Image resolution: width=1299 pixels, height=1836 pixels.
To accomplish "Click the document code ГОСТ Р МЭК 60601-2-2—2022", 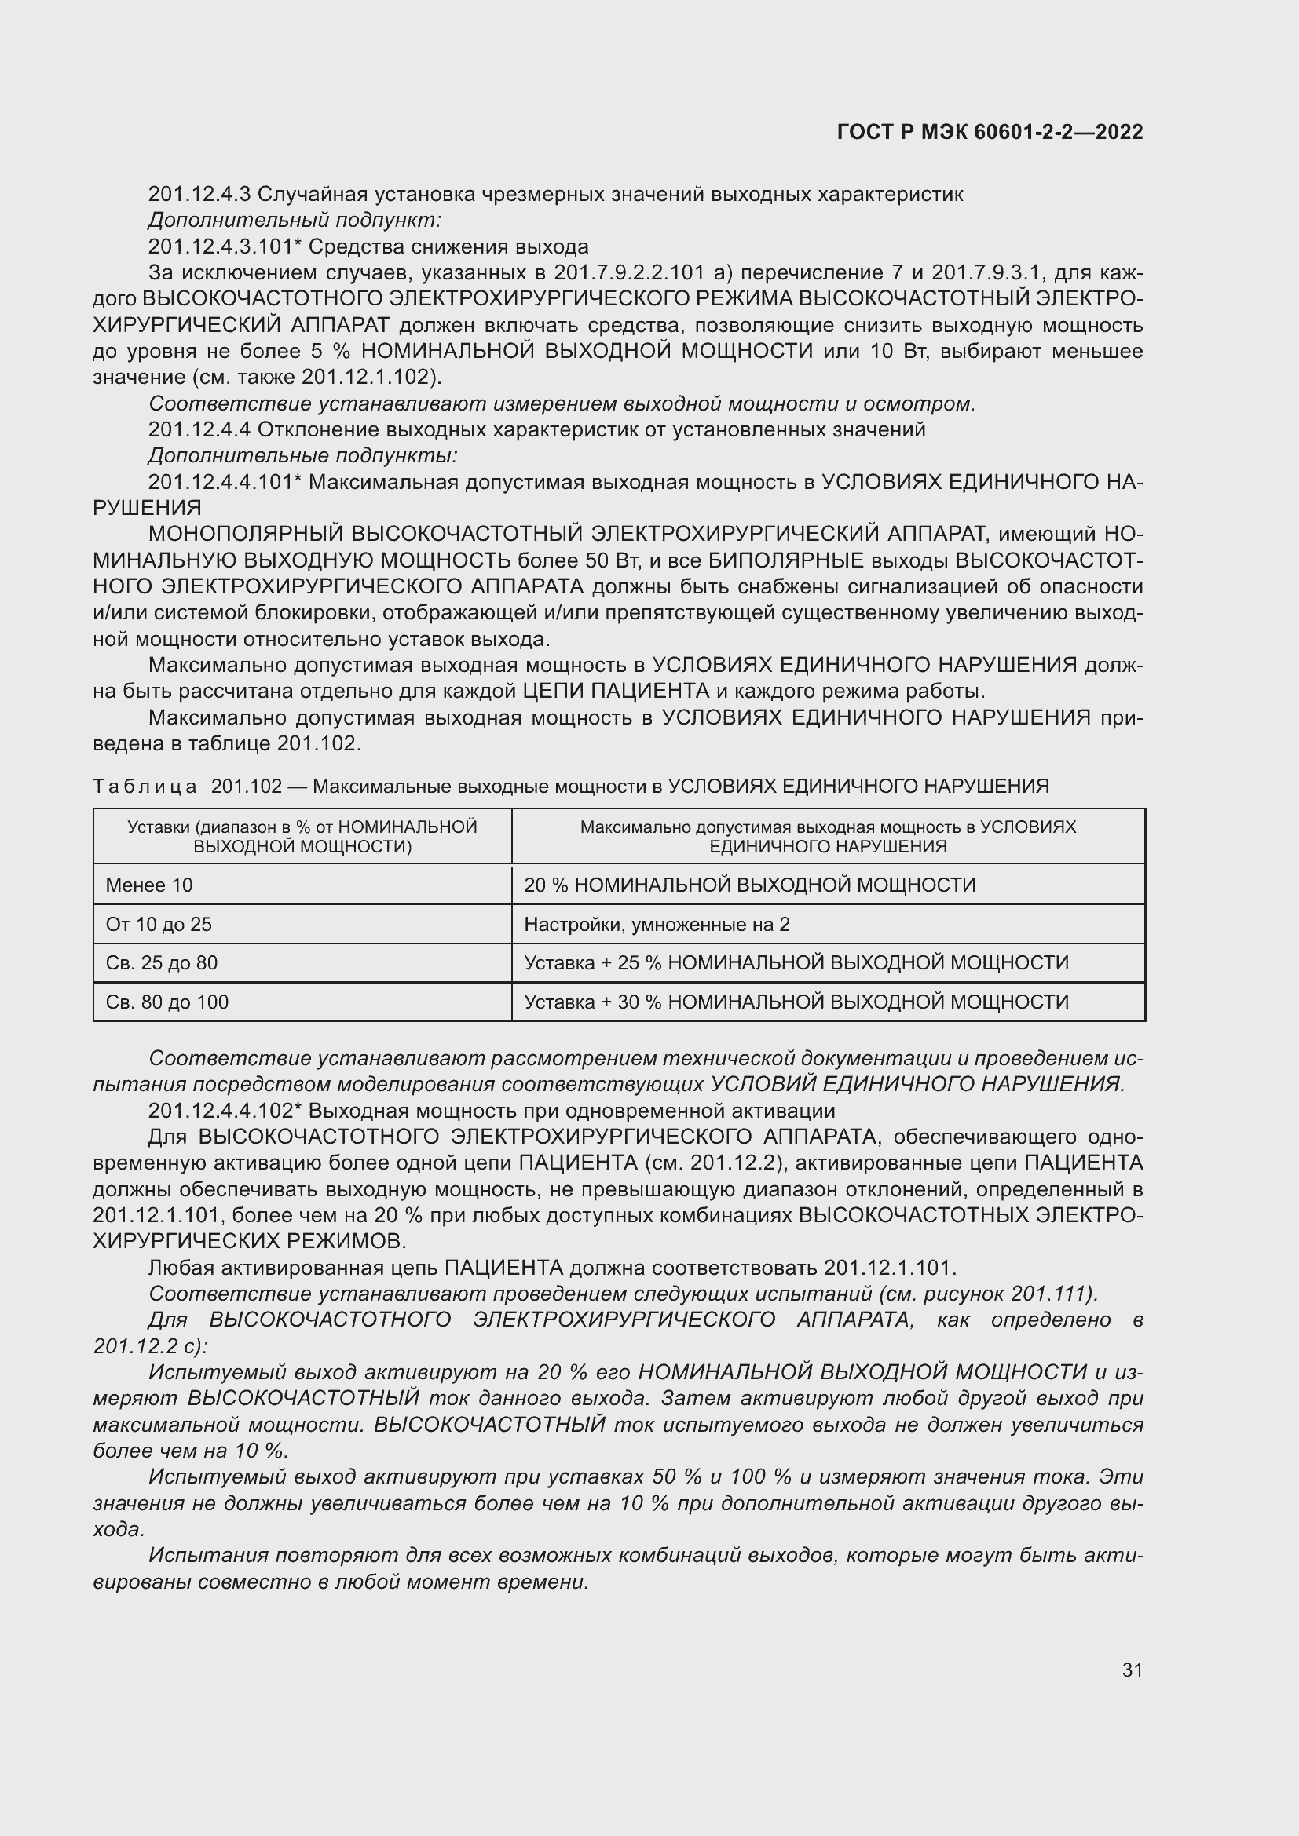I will coord(990,133).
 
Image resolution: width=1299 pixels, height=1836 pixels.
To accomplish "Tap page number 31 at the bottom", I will coord(1132,1670).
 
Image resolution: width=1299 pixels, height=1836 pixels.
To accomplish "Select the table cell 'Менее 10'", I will coord(148,885).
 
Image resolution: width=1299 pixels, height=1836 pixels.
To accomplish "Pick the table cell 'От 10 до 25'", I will coord(159,925).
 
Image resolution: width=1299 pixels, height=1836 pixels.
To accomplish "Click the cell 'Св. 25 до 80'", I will coord(162,963).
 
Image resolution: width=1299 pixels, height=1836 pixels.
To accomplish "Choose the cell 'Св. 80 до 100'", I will coord(167,1002).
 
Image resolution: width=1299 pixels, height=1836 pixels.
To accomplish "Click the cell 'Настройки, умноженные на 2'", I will coord(656,925).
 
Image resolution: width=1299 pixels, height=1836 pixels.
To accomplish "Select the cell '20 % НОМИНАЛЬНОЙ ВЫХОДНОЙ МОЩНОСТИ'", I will coord(749,885).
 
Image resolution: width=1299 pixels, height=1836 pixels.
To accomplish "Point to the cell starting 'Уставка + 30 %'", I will coord(796,1002).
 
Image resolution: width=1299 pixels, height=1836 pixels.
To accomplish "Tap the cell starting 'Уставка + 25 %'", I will coord(796,963).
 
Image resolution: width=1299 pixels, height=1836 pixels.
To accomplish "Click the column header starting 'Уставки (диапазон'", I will coord(302,837).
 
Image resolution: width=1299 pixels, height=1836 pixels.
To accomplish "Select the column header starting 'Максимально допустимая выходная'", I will coord(828,837).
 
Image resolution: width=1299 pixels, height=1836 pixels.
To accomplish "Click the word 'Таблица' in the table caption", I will coord(145,787).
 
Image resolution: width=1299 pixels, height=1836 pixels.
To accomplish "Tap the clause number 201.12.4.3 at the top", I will coord(199,195).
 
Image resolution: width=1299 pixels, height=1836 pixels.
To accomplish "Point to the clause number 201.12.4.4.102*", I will coord(225,1111).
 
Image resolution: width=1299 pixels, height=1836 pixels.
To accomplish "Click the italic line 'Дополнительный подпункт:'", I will coord(295,220).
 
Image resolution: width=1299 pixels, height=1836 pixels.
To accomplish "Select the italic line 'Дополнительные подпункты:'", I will coord(302,456).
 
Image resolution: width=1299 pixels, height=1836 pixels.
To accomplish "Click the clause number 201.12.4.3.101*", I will coord(225,246).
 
